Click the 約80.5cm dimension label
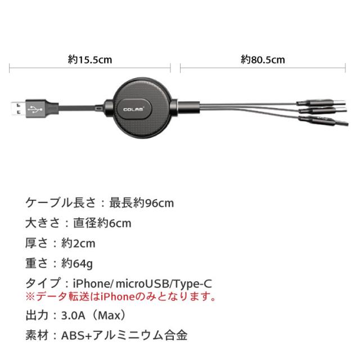pyautogui.click(x=263, y=58)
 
